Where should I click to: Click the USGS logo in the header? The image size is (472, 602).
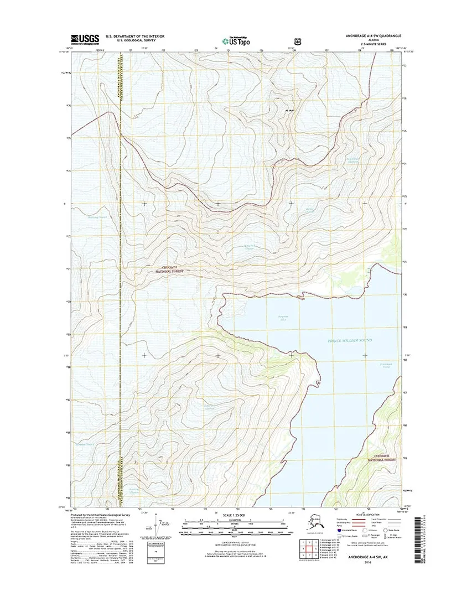[85, 39]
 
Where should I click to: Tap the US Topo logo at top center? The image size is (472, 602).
[235, 40]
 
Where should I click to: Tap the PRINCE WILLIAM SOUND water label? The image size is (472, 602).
[349, 339]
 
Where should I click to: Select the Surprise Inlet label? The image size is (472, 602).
[268, 318]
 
